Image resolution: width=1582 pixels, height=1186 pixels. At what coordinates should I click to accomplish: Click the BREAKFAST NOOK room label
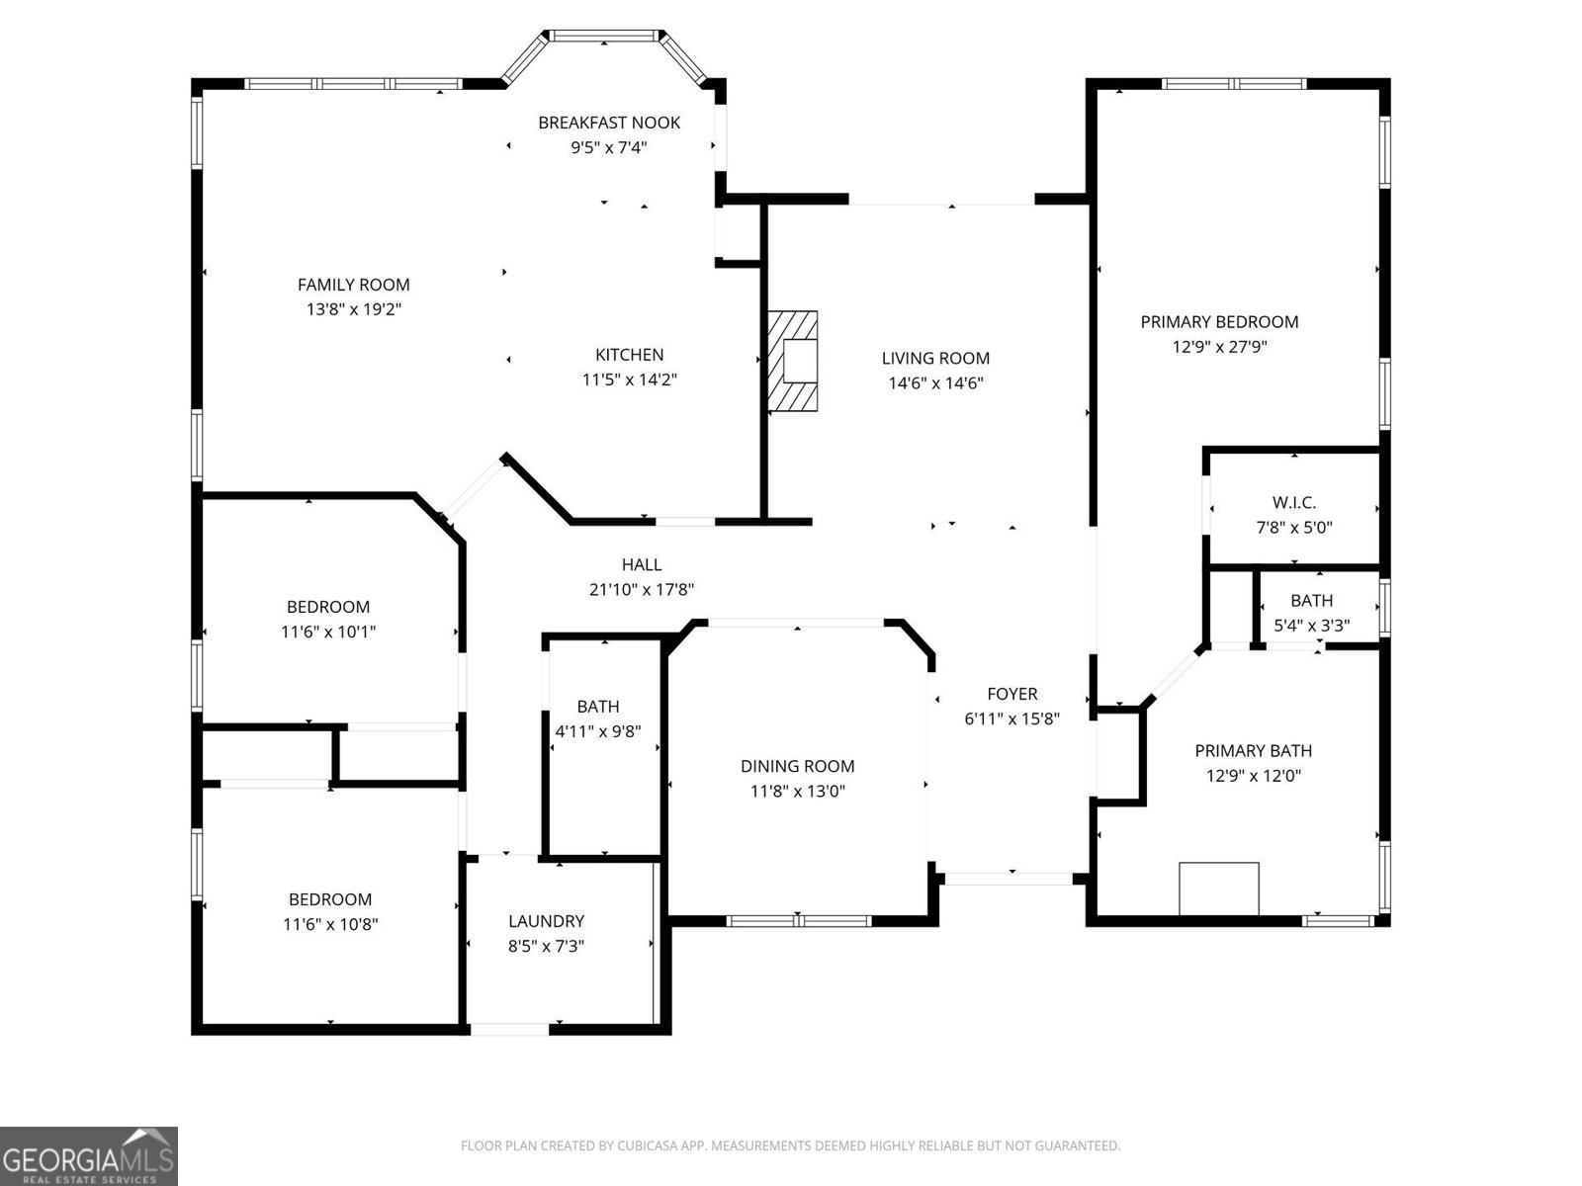[609, 123]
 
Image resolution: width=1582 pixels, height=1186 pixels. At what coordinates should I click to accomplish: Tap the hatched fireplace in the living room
[794, 362]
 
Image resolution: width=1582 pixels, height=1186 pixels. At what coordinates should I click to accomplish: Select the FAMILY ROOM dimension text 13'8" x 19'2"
[354, 309]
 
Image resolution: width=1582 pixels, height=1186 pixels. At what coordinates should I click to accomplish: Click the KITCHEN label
[629, 355]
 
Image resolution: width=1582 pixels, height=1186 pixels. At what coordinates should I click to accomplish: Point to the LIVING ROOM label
[935, 359]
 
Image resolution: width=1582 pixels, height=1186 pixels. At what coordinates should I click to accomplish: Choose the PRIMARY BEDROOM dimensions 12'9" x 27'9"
[1219, 347]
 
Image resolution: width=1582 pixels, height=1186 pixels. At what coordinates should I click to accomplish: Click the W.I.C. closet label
[1293, 503]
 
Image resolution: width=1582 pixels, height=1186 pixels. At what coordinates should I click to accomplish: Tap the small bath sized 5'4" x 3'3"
[1311, 613]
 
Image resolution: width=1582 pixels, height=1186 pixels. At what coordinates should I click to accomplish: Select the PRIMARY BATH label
[1253, 751]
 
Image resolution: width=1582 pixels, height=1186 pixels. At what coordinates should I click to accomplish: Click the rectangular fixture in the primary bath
[1219, 889]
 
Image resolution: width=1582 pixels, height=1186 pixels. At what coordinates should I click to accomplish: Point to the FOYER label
[1011, 694]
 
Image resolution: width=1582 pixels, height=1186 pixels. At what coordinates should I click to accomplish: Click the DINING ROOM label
[797, 766]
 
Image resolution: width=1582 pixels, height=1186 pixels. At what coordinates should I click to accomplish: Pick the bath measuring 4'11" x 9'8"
[598, 719]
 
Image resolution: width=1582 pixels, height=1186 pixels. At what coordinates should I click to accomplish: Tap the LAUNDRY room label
[546, 921]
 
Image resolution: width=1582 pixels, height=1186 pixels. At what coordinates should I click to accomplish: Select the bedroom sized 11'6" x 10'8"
[330, 912]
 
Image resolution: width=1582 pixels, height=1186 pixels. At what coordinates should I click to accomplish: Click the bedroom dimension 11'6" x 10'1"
[328, 632]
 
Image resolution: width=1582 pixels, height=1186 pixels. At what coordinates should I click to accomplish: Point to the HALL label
[642, 564]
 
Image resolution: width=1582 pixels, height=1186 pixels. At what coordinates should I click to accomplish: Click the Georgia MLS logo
[89, 1156]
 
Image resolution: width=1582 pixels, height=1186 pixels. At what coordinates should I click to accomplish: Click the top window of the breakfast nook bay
[604, 37]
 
